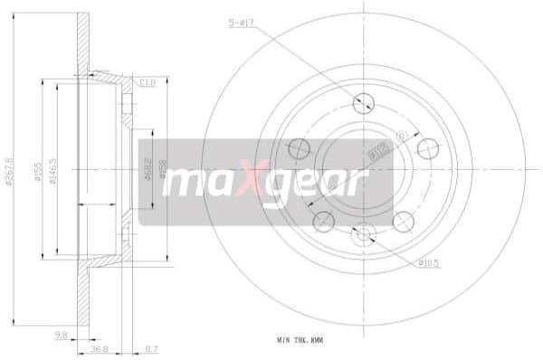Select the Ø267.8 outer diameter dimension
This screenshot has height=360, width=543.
(x=11, y=172)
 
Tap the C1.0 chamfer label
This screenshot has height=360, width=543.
(x=148, y=82)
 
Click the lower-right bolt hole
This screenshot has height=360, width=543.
(x=404, y=221)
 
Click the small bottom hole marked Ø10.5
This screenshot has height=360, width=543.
(x=364, y=234)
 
